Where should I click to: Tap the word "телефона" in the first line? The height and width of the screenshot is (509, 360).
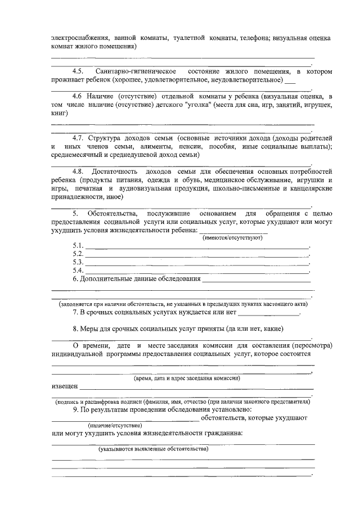254,38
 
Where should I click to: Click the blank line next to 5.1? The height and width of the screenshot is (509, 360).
197,247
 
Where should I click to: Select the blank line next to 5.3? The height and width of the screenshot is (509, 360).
197,263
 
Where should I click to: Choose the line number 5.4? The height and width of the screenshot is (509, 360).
78,271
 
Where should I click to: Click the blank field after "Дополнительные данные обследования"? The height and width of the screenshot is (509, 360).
256,280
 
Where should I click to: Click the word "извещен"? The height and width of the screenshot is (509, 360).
65,387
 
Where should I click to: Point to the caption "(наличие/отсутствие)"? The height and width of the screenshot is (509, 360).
115,426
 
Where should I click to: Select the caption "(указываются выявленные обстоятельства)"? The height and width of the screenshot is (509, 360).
153,449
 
